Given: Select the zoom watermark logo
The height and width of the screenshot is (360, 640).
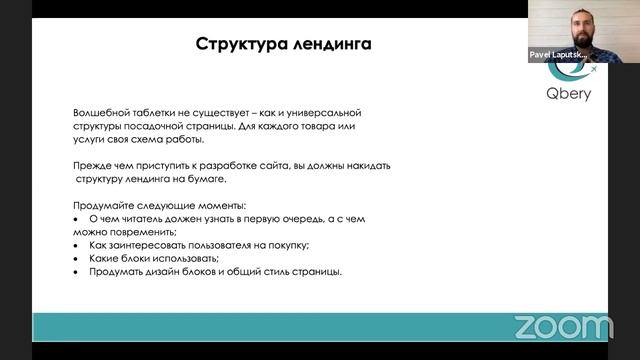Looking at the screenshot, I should (x=562, y=326).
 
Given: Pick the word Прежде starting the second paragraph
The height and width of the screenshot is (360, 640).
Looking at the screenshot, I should (x=92, y=165).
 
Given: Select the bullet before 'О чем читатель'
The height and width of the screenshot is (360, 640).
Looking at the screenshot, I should (x=76, y=218).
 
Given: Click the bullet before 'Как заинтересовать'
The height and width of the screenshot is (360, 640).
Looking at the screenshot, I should (x=76, y=245).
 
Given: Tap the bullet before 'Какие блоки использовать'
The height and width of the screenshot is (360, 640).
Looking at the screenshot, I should (x=76, y=258).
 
